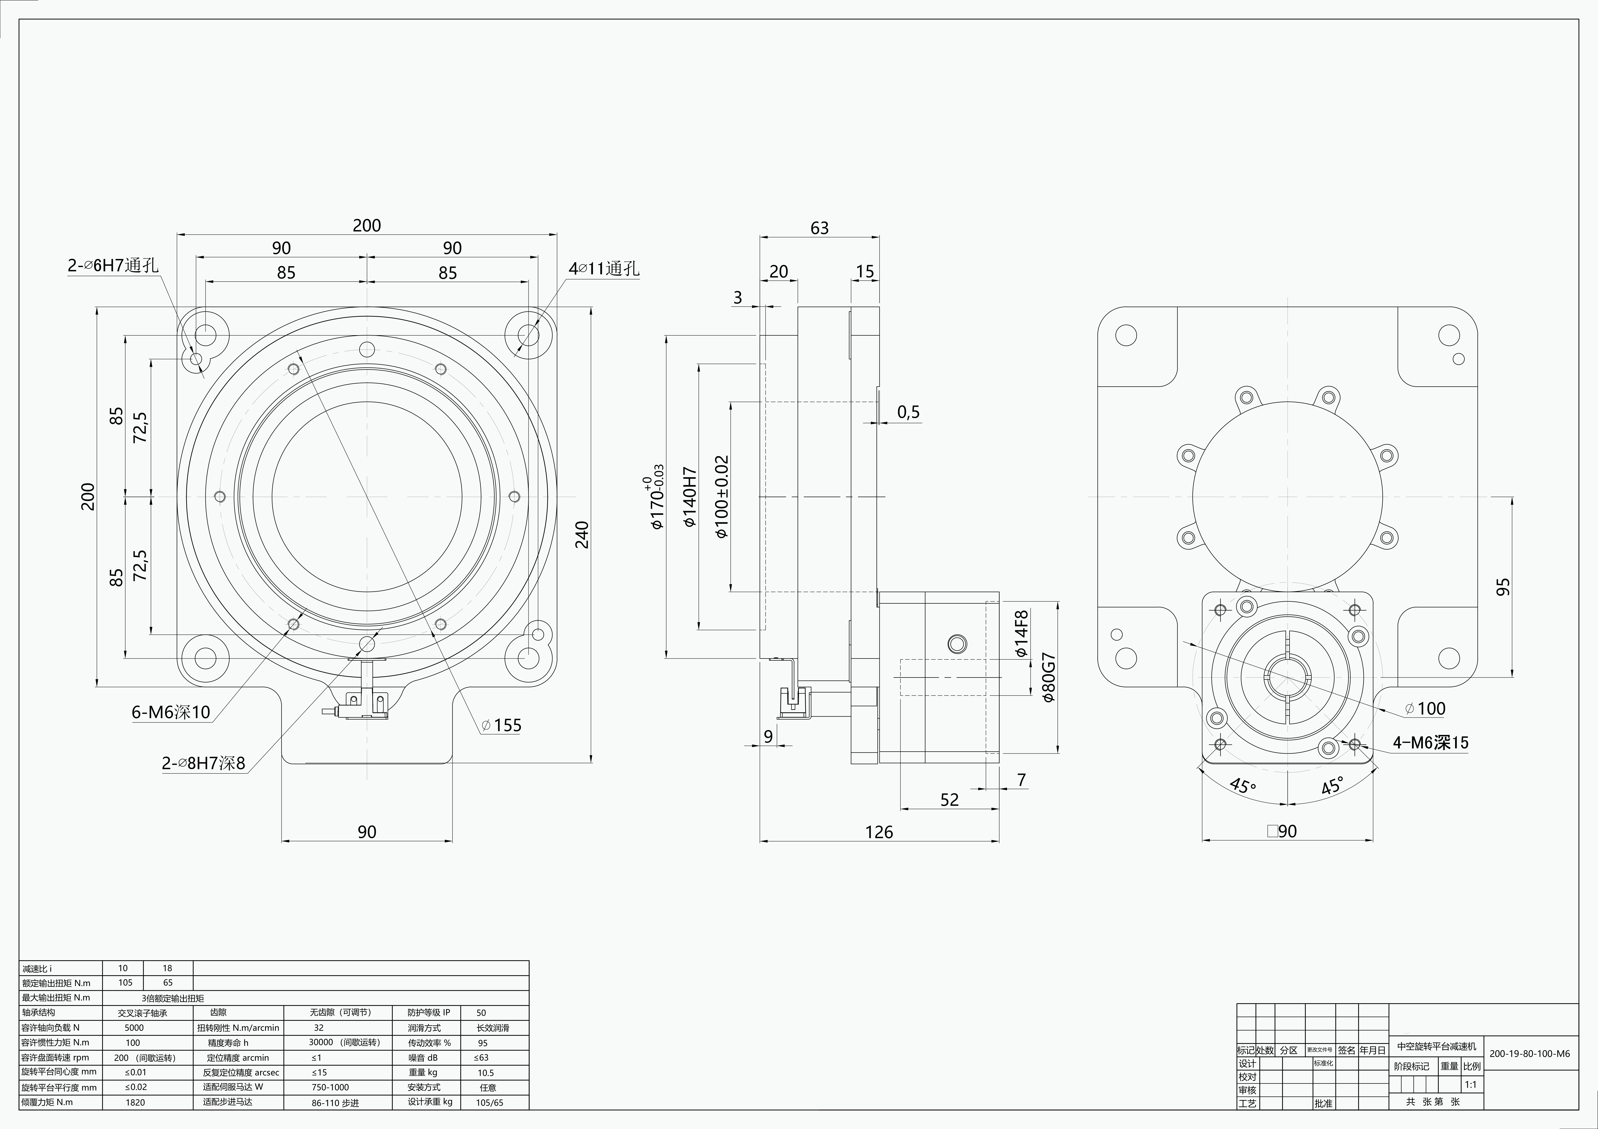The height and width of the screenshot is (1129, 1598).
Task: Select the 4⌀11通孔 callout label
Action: pos(603,269)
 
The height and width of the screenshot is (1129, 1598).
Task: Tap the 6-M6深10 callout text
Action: pos(170,712)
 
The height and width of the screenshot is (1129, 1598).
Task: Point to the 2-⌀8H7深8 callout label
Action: pos(203,764)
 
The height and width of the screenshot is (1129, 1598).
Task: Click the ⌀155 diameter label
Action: pos(501,725)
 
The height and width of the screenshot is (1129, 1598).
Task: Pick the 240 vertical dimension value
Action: pos(582,535)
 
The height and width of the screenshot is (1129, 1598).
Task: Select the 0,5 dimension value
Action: pos(907,412)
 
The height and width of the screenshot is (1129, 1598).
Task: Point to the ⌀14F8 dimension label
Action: pos(1021,633)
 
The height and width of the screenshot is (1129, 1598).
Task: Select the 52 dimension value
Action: pos(949,800)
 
